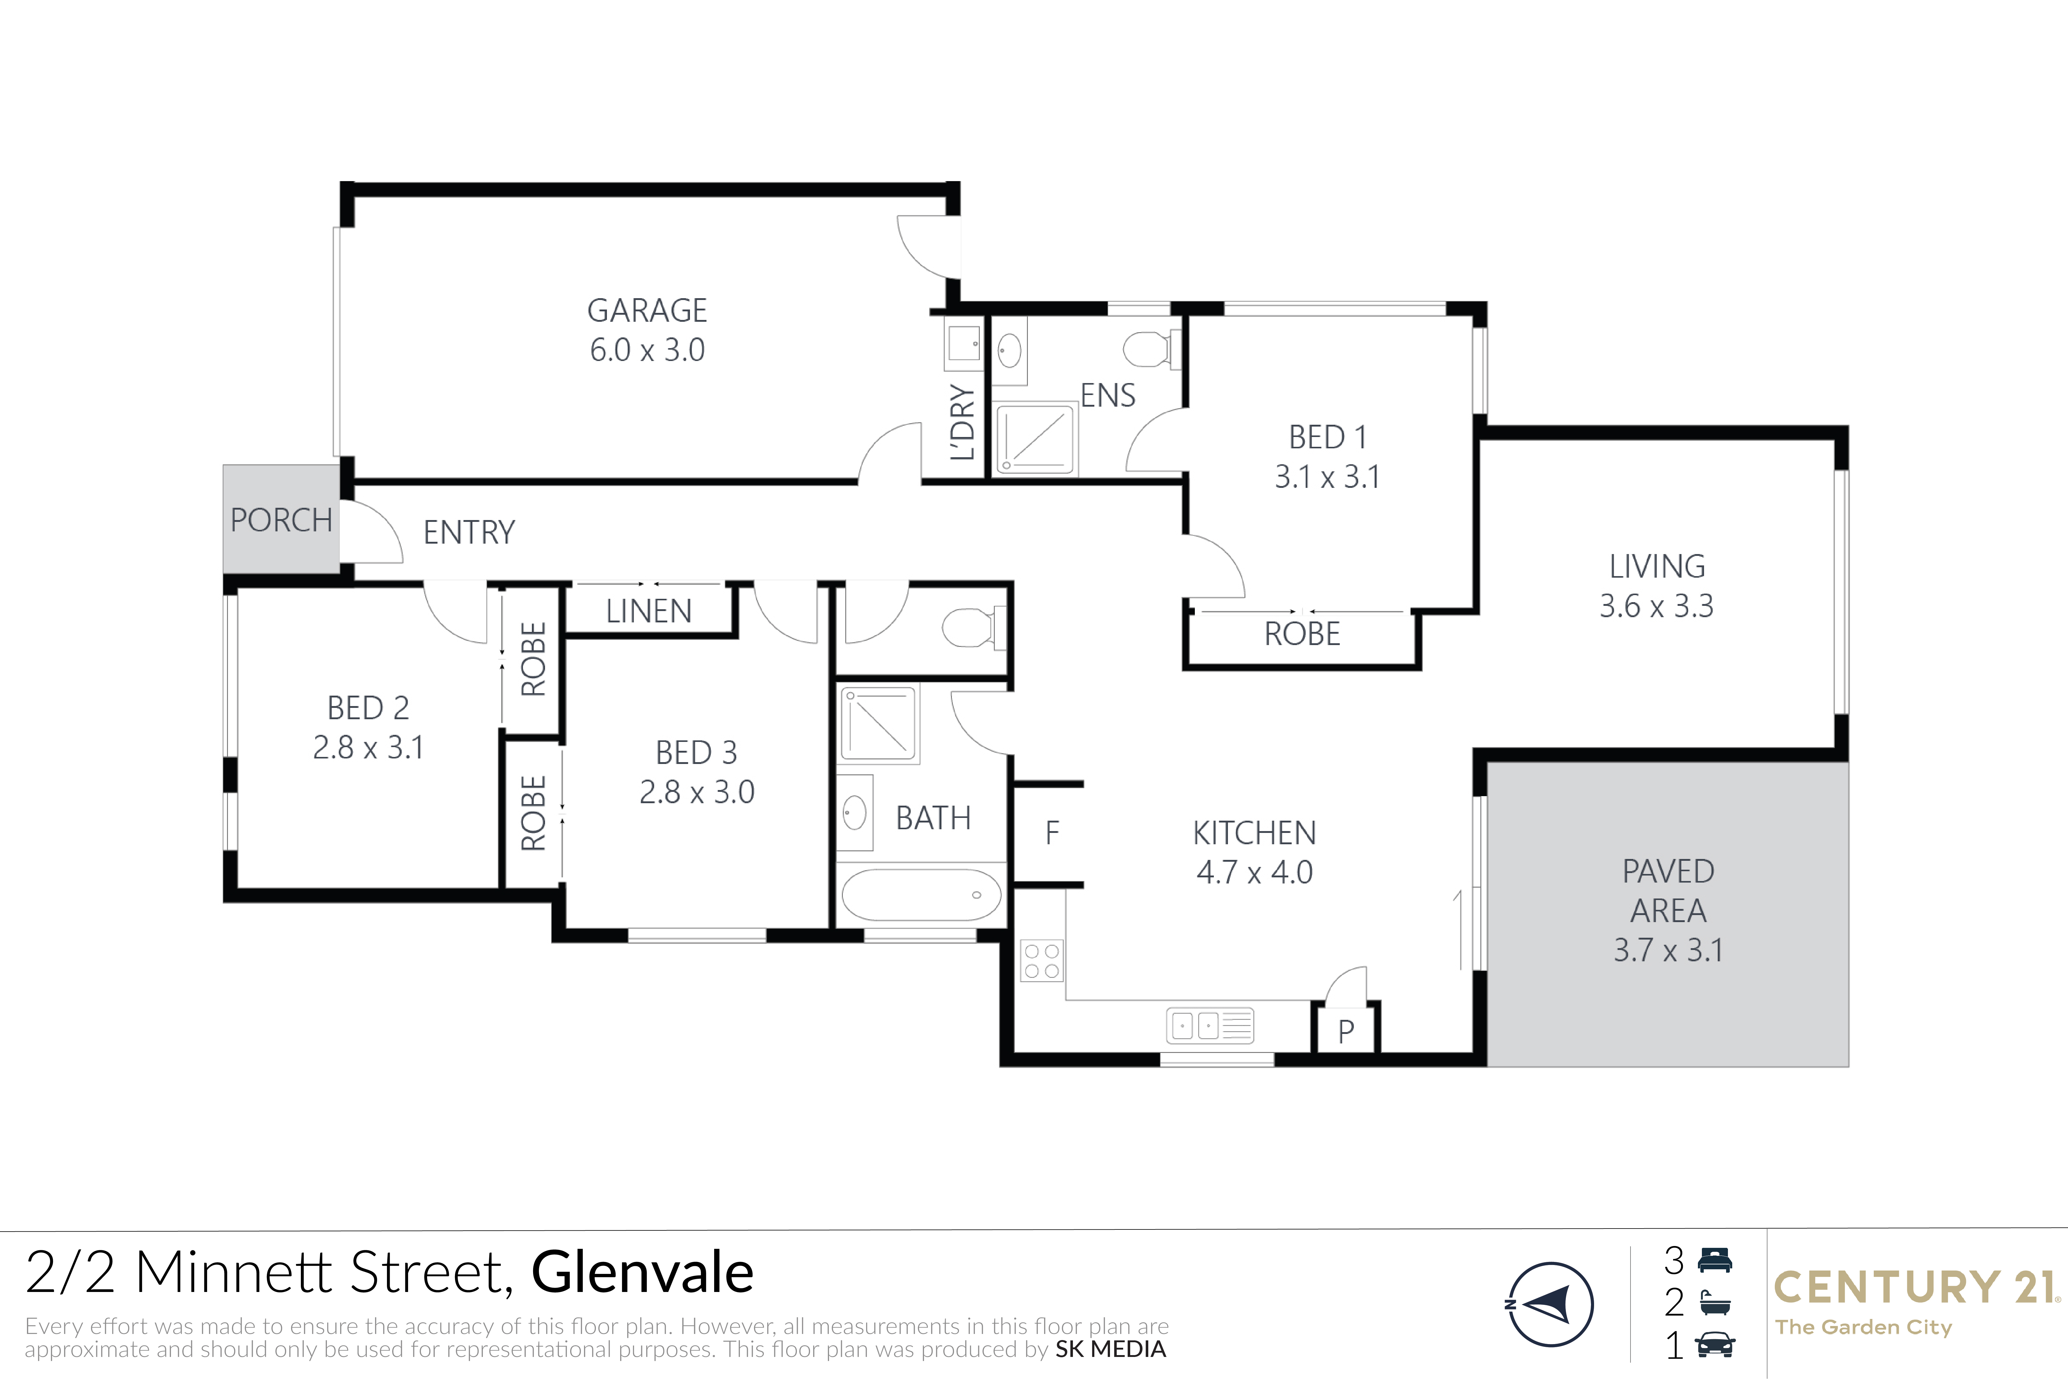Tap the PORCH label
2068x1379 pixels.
click(281, 520)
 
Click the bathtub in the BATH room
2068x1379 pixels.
click(922, 895)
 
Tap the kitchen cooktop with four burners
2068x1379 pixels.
click(1042, 960)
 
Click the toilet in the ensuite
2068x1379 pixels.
click(1152, 349)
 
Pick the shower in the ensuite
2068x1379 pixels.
click(1035, 438)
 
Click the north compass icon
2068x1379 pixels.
click(1550, 1304)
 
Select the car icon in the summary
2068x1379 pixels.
click(1714, 1345)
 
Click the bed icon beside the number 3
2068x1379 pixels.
click(1714, 1260)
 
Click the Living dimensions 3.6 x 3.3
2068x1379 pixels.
click(1657, 606)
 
